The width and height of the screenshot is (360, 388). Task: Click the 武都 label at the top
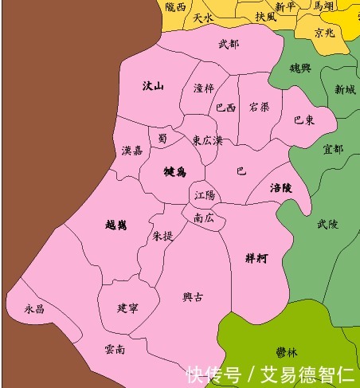228,44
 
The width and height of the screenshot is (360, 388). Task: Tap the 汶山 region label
153,86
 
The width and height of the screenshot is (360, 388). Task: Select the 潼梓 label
204,88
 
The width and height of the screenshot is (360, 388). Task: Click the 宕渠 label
259,106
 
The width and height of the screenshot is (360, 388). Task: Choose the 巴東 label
303,120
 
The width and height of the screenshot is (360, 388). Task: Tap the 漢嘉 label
132,151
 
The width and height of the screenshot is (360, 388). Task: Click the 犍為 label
174,171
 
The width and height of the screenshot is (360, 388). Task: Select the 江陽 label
205,195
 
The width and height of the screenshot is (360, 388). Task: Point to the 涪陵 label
282,189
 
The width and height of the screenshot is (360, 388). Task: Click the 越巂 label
115,225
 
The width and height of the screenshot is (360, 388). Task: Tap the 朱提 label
162,237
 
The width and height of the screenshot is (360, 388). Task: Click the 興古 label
193,297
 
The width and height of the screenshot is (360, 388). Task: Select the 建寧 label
127,308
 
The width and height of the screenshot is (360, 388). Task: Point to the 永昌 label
34,308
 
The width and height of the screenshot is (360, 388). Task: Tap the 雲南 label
115,349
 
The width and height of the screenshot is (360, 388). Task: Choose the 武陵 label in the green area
327,225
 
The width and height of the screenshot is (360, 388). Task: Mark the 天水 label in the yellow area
203,17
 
